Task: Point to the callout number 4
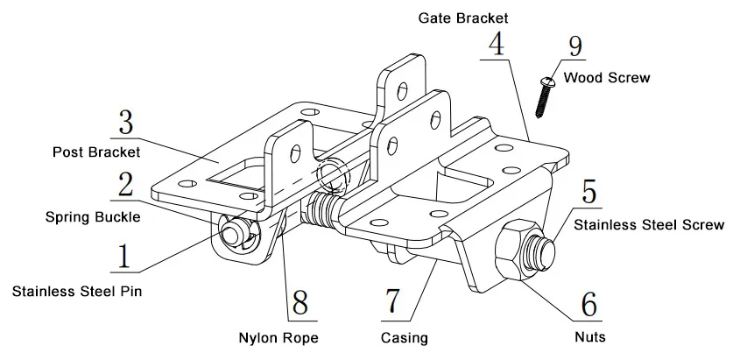497,44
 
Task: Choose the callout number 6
589,304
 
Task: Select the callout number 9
576,46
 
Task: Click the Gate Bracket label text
463,18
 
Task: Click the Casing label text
404,336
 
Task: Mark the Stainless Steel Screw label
649,225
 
